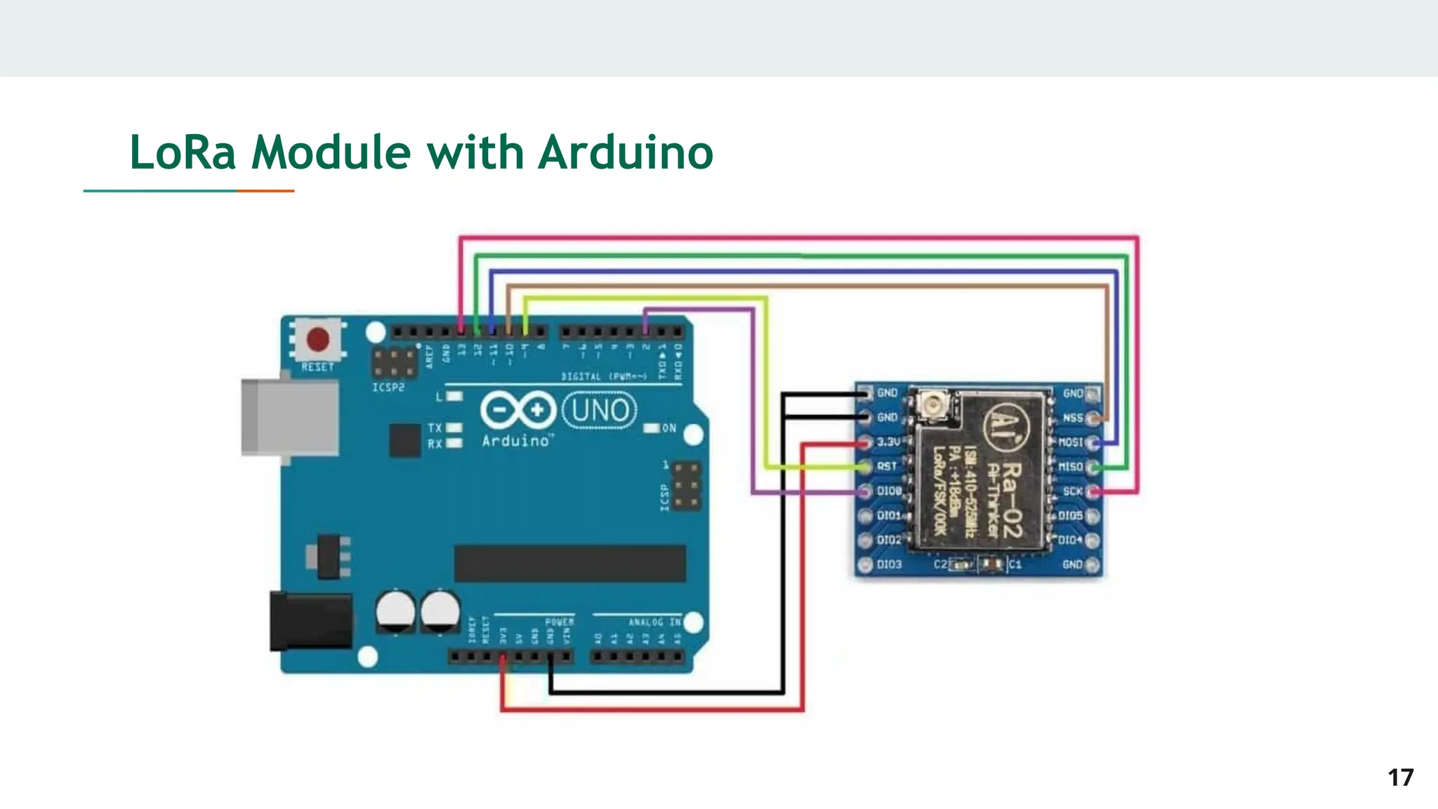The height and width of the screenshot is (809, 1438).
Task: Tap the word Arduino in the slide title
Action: click(626, 152)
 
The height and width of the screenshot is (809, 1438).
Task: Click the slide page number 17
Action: click(1400, 777)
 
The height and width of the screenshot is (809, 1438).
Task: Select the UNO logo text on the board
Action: click(600, 410)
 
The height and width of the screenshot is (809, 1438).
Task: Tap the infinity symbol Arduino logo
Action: click(518, 409)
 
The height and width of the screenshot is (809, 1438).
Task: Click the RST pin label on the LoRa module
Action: click(887, 466)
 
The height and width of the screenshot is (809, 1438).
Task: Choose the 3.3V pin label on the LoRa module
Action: click(888, 442)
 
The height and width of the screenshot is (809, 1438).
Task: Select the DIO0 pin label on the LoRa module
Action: click(889, 491)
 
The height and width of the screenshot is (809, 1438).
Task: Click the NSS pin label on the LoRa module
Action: click(1072, 418)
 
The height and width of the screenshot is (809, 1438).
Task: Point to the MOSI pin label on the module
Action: click(1071, 442)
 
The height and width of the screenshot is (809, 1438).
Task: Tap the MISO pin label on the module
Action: click(1071, 467)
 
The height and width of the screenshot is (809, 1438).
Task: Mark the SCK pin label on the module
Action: click(1072, 491)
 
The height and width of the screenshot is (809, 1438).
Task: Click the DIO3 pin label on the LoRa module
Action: click(889, 565)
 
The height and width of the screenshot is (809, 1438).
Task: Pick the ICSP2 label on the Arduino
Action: click(388, 387)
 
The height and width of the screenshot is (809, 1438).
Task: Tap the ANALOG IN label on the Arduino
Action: click(654, 622)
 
